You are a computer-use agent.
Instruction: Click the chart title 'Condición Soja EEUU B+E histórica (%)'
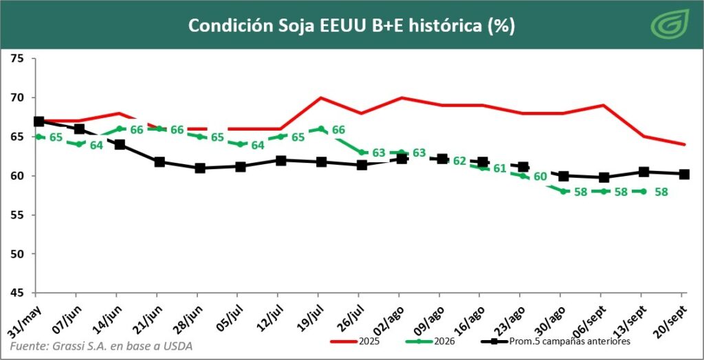(351, 26)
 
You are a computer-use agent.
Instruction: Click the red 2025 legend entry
(355, 341)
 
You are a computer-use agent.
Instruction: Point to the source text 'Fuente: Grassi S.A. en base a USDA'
(101, 346)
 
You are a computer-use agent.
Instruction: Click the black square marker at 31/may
(39, 122)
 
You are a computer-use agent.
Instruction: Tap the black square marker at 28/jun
(200, 168)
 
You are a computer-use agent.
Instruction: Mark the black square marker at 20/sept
(684, 175)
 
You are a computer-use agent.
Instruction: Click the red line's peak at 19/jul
(319, 98)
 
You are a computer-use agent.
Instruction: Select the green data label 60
(540, 177)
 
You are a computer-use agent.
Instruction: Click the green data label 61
(500, 169)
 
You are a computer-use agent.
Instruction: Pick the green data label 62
(459, 161)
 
